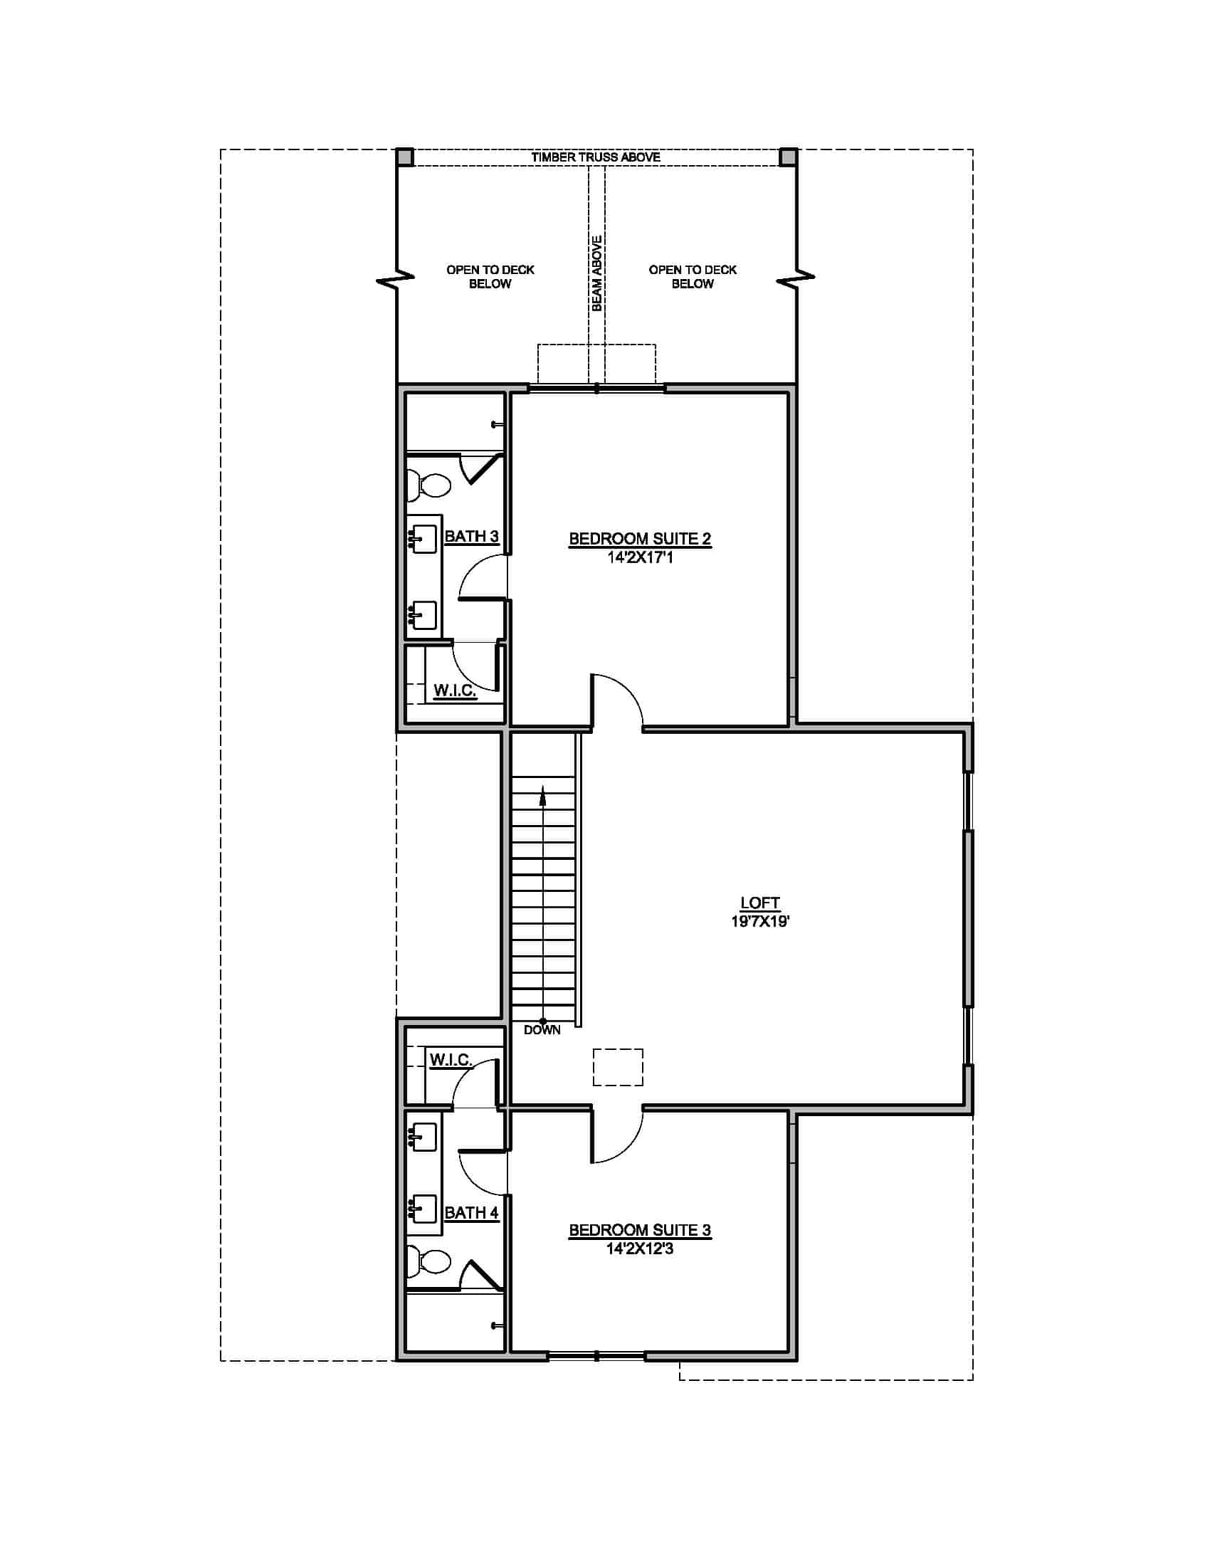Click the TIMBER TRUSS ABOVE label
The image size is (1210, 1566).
tap(596, 157)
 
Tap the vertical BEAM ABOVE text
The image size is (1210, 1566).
tap(596, 273)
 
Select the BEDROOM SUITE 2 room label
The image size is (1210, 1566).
tap(639, 539)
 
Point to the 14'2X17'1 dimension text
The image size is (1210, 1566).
tap(639, 557)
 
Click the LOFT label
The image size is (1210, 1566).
tap(760, 903)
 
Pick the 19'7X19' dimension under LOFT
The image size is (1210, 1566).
tap(760, 921)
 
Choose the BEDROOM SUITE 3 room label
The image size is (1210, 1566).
tap(639, 1230)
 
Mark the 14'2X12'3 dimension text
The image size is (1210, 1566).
tap(639, 1249)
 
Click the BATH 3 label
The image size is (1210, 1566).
tap(471, 536)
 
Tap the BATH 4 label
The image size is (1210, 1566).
tap(471, 1212)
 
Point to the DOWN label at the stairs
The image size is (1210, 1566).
tap(542, 1030)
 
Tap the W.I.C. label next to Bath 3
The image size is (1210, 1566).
tap(456, 690)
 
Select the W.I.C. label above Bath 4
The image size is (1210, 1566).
tap(450, 1059)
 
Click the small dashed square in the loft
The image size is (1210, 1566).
tap(617, 1067)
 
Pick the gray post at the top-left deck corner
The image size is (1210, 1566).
tap(405, 157)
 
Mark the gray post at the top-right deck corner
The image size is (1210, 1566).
tap(788, 157)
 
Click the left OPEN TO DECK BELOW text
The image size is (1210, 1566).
tap(490, 277)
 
